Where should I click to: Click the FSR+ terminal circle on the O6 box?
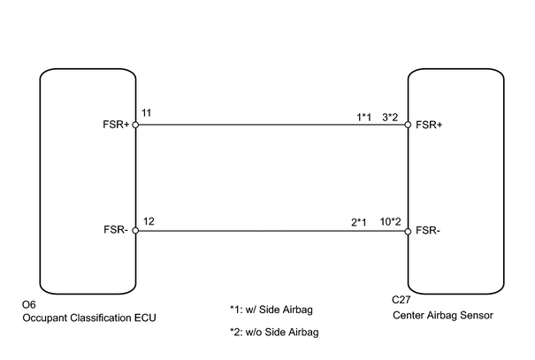tap(135, 125)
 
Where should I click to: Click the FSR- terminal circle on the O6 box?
tap(135, 231)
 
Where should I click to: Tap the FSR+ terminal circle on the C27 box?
tap(408, 125)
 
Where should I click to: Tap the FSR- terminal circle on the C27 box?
tap(408, 232)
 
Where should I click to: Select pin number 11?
tap(147, 113)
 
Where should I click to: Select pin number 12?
tap(149, 221)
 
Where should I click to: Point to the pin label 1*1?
tap(363, 118)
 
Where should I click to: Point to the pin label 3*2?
tap(390, 118)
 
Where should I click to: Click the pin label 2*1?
tap(359, 223)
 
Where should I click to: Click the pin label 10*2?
tap(390, 222)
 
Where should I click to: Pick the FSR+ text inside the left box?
tap(116, 125)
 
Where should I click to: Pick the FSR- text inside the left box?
tap(116, 230)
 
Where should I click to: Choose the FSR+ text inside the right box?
tap(429, 125)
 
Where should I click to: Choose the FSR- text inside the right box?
tap(428, 231)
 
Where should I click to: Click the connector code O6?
tap(29, 304)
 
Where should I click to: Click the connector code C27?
tap(401, 300)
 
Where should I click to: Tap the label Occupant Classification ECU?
tap(89, 318)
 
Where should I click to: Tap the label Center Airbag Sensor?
tap(443, 315)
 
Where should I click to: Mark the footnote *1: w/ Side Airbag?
tap(271, 310)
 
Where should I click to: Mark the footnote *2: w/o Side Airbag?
tap(274, 332)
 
